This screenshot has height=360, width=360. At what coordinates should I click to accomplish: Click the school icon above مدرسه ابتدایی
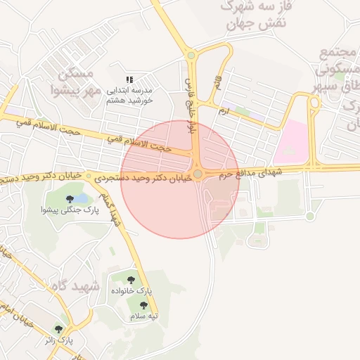[x=129, y=80]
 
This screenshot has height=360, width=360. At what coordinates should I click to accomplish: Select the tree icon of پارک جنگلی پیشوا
[x=68, y=199]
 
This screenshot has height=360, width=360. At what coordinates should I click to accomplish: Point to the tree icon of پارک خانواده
[x=137, y=280]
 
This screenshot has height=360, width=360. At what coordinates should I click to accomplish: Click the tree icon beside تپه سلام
[x=144, y=305]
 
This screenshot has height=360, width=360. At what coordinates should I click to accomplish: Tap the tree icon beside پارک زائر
[x=58, y=328]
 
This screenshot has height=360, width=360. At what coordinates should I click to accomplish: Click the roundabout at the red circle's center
[x=198, y=174]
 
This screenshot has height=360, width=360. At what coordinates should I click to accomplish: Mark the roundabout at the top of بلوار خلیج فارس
[x=191, y=56]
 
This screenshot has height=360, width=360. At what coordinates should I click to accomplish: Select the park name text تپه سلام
[x=143, y=317]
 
